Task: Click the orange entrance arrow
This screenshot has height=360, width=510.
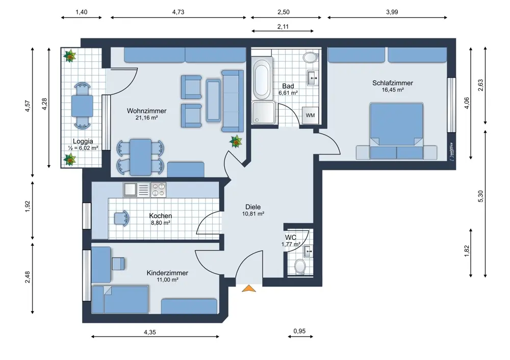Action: click(x=249, y=288)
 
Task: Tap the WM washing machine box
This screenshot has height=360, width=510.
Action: click(x=310, y=115)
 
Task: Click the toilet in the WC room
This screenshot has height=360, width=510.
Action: click(x=299, y=267)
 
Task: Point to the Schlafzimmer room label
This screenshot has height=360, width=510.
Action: click(x=393, y=83)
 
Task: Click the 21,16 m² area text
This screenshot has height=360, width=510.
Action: click(x=147, y=118)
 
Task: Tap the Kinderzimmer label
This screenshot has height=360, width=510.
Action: click(x=167, y=273)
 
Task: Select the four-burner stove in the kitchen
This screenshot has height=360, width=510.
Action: click(x=159, y=190)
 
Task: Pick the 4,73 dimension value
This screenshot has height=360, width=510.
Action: click(x=178, y=12)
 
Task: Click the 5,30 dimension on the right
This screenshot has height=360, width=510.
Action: click(x=481, y=196)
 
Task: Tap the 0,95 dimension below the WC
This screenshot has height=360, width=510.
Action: click(x=299, y=331)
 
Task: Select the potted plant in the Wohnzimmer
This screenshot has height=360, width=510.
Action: click(x=236, y=141)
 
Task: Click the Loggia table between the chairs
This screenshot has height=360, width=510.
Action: click(x=82, y=106)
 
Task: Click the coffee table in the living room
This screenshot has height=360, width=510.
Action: click(x=213, y=100)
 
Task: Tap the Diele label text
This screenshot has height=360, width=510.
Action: click(x=253, y=207)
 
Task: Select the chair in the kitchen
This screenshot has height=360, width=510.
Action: click(x=122, y=218)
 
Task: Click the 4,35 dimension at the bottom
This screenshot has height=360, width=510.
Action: click(x=149, y=332)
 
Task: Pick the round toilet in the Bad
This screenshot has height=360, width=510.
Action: click(x=310, y=58)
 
